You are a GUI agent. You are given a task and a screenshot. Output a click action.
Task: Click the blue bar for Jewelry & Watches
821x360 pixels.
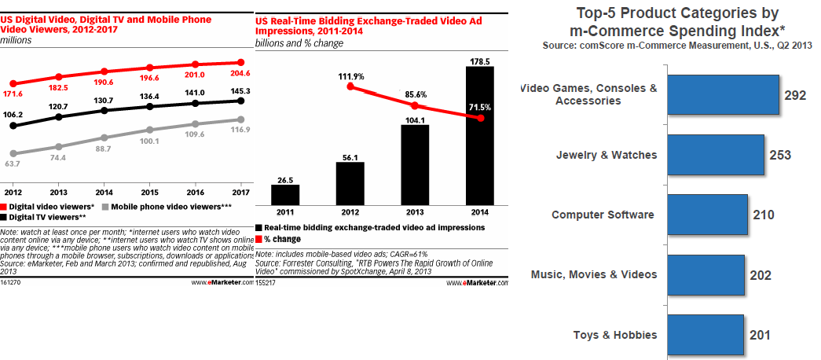pos(715,155)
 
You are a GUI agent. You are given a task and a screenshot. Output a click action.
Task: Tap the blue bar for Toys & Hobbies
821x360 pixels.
pos(705,335)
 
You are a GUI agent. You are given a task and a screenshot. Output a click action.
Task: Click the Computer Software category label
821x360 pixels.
pos(603,215)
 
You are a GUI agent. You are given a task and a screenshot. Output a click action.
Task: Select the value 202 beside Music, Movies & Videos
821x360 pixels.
pos(760,275)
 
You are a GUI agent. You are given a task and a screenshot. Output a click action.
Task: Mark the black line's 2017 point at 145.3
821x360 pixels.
pos(239,101)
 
